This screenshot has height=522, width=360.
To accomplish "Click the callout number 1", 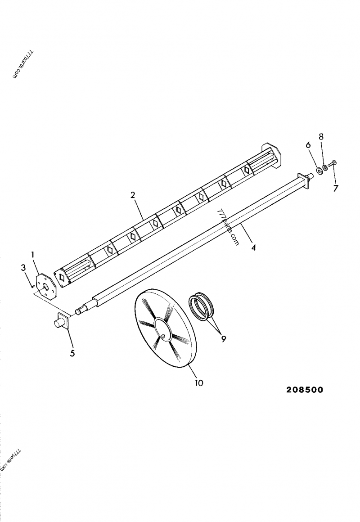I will pyautogui.click(x=33, y=255).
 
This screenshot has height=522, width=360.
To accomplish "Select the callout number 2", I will pyautogui.click(x=133, y=195).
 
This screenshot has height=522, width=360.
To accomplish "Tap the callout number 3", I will pyautogui.click(x=23, y=268).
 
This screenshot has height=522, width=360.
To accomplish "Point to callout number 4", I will pyautogui.click(x=253, y=247).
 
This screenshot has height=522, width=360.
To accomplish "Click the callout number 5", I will pyautogui.click(x=72, y=353).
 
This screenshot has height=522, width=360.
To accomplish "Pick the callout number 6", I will pyautogui.click(x=308, y=145).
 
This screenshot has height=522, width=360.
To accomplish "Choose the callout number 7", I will pyautogui.click(x=335, y=188).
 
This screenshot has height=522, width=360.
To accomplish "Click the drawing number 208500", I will pyautogui.click(x=305, y=390).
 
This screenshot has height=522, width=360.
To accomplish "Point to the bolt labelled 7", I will pyautogui.click(x=332, y=165).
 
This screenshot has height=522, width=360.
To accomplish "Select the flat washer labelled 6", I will pyautogui.click(x=319, y=170).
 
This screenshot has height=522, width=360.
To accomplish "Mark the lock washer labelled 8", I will pyautogui.click(x=325, y=168).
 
